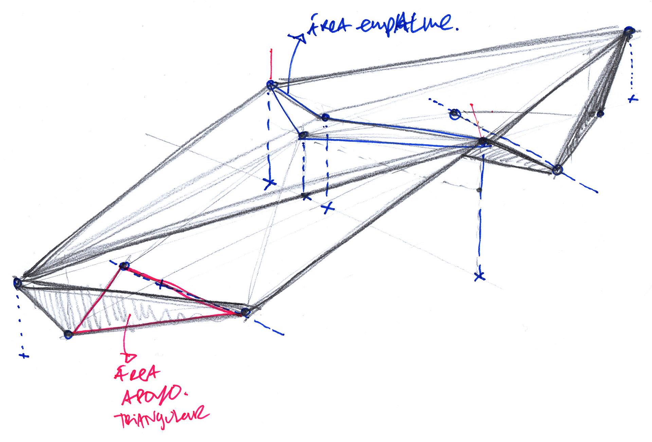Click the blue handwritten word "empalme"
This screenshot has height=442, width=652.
[406, 24]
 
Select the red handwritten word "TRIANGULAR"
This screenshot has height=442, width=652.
[161, 418]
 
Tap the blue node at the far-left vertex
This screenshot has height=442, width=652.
[17, 283]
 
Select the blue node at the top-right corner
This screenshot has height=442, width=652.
[629, 31]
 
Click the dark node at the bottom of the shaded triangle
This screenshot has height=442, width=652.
[68, 335]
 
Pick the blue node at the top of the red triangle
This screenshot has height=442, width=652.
[124, 266]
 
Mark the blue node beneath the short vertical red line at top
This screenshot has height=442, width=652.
[271, 85]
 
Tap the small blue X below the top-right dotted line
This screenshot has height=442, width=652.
[633, 99]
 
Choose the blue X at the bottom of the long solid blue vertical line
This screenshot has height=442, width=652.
[479, 277]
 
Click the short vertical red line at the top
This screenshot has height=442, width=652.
[271, 63]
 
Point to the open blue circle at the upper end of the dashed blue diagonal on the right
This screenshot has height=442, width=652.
[455, 115]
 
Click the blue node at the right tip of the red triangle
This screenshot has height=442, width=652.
[246, 312]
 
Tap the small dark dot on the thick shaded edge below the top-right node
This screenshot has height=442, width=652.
[600, 114]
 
